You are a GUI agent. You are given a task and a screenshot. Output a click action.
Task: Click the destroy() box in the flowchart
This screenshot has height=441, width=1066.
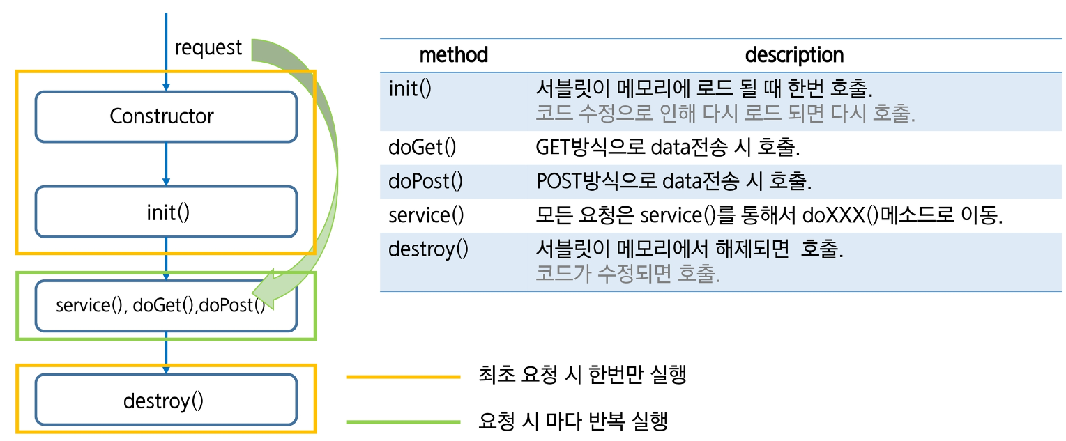(166, 401)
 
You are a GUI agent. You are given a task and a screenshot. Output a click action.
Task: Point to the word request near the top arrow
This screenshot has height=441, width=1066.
(208, 48)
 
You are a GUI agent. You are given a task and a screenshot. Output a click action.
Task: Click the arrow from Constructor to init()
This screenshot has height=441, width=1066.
(166, 164)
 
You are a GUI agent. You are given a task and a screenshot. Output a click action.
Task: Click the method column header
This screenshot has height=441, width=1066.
(453, 55)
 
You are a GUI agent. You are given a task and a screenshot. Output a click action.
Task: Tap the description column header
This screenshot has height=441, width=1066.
(794, 55)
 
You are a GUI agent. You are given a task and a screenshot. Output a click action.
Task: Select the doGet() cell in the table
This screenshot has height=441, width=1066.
(422, 148)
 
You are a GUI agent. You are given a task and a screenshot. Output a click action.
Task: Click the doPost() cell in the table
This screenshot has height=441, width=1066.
(425, 181)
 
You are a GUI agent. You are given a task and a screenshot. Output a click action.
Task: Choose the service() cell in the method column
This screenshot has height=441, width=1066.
(425, 215)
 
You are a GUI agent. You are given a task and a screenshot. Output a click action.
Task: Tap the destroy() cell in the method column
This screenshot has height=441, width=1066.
(428, 249)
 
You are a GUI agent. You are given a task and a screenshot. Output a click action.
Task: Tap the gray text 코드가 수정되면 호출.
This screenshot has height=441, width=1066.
(627, 274)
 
